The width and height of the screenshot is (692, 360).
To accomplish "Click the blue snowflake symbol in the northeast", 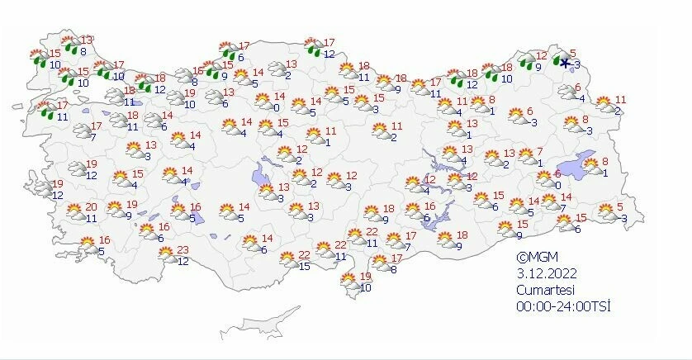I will [x=565, y=63].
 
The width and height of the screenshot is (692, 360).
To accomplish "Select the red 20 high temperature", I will [x=92, y=207].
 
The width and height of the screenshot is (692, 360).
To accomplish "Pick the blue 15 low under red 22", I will [x=304, y=265].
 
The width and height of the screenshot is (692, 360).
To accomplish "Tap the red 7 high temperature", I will [x=539, y=152].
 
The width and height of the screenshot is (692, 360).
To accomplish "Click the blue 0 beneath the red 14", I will [x=275, y=107].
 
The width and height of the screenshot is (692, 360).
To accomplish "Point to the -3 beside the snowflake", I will [x=578, y=65].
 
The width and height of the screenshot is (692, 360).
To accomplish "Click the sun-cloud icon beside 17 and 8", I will [x=380, y=264].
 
